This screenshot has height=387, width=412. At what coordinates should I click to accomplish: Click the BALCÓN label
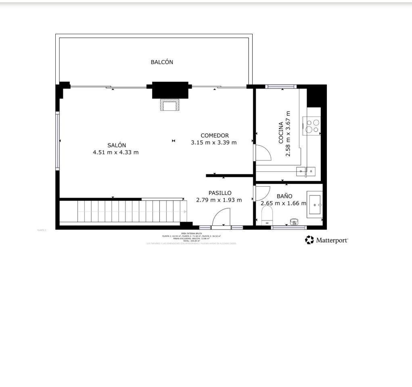[162, 62]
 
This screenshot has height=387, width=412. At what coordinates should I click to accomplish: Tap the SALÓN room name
[117, 145]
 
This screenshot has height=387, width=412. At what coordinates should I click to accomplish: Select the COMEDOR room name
[215, 135]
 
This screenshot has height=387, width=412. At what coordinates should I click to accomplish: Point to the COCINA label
[281, 133]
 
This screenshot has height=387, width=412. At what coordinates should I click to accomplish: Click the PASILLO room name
[220, 193]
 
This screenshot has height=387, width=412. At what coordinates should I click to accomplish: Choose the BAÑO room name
[284, 196]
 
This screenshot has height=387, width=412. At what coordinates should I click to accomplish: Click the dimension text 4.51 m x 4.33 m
[116, 152]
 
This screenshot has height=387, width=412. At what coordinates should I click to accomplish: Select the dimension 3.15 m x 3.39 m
[213, 142]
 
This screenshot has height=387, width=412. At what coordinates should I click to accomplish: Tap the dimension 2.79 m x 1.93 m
[219, 200]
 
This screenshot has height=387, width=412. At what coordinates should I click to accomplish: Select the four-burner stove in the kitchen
[312, 126]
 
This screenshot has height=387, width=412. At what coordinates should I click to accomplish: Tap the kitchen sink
[306, 171]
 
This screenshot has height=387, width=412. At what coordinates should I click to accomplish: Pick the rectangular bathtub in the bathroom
[314, 205]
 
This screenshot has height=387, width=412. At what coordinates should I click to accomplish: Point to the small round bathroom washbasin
[294, 221]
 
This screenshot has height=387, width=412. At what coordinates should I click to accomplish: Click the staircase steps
[129, 211]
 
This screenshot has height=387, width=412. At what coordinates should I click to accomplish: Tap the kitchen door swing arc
[263, 153]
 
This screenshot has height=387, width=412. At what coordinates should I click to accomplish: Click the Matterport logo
[326, 240]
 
